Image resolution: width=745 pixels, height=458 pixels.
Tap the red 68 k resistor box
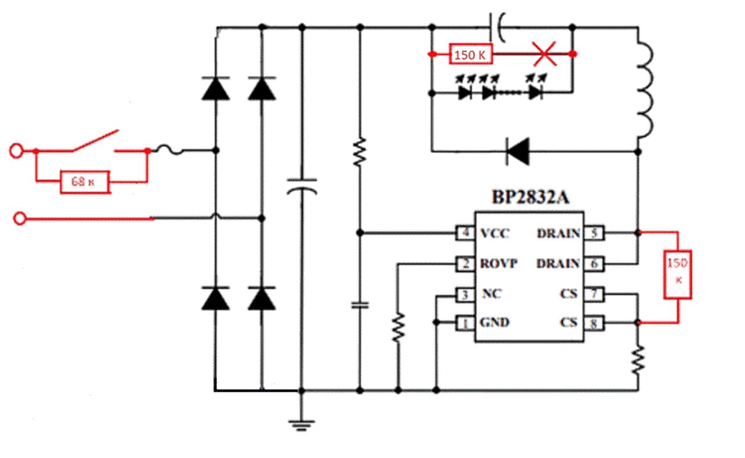point(85,182)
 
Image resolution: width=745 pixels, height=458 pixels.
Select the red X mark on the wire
point(544,54)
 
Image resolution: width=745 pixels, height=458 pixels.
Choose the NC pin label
point(491,295)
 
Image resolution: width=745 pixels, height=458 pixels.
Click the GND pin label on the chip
point(494,322)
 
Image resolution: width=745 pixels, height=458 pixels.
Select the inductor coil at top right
point(646,90)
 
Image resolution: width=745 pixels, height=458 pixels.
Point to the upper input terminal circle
point(17,151)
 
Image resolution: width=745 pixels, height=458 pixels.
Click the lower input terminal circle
point(20,219)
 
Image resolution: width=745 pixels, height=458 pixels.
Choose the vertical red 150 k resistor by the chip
point(678,271)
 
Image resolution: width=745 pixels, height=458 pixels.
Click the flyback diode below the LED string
point(518,151)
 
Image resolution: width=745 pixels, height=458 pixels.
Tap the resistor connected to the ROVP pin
point(398,328)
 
